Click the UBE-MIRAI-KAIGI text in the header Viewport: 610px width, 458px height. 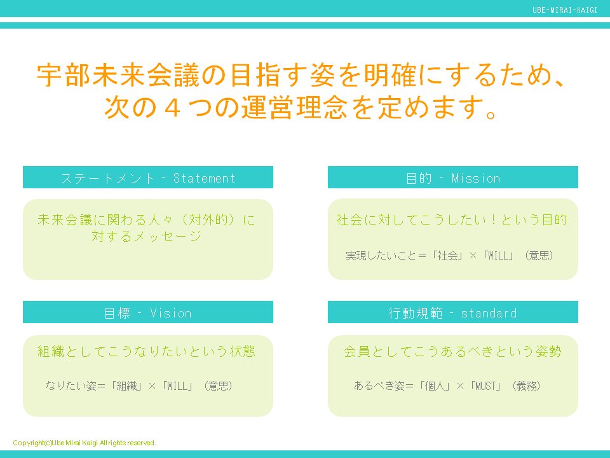pyautogui.click(x=565, y=10)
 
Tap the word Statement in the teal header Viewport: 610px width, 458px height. pyautogui.click(x=204, y=178)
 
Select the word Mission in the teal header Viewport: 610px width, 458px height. pyautogui.click(x=476, y=178)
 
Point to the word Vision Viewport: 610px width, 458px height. pyautogui.click(x=170, y=313)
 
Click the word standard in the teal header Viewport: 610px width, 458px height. pyautogui.click(x=489, y=313)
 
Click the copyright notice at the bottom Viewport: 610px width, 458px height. pyautogui.click(x=84, y=443)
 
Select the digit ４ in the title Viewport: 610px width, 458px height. pyautogui.click(x=171, y=108)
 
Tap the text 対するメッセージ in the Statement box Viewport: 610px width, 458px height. pyautogui.click(x=147, y=237)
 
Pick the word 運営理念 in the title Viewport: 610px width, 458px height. pyautogui.click(x=294, y=108)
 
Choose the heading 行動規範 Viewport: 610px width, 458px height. pyautogui.click(x=414, y=313)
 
